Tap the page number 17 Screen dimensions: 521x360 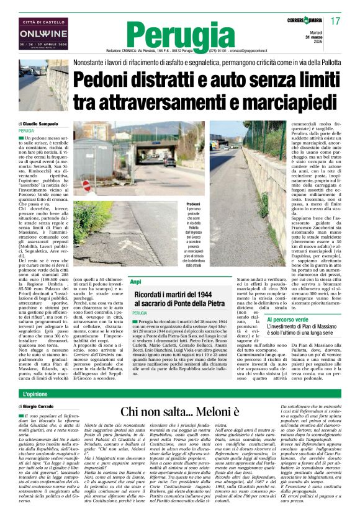pos(336,21)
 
